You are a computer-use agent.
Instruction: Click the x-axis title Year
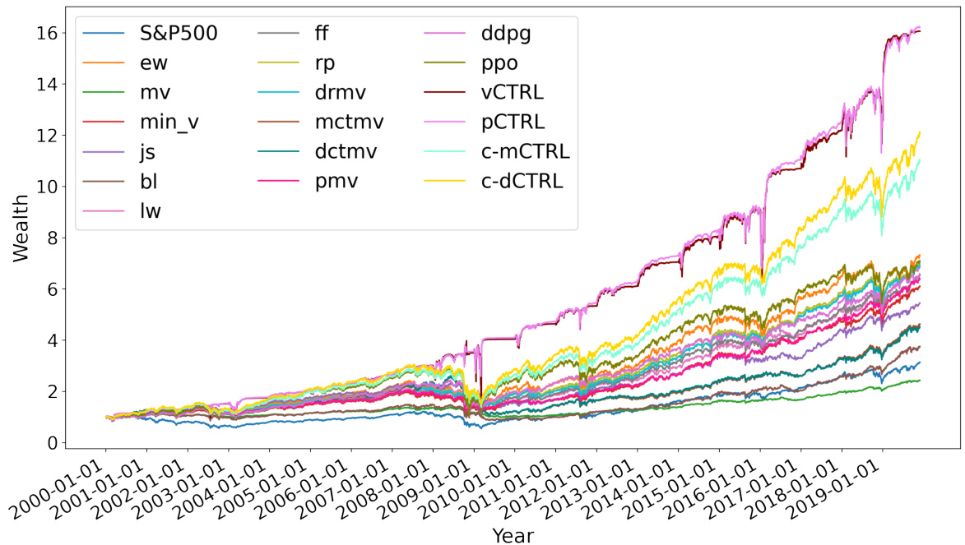point(513,535)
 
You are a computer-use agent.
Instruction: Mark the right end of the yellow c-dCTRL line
point(920,132)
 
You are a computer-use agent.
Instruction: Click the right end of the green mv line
point(920,381)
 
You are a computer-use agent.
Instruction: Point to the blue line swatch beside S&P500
point(103,35)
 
